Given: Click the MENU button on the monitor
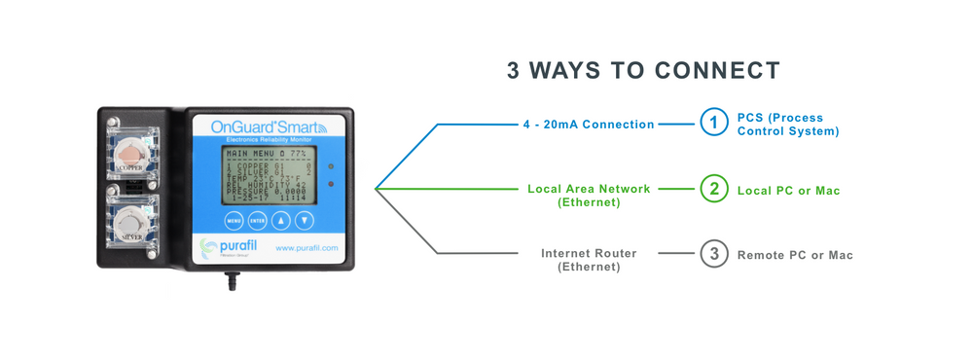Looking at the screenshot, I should (234, 220).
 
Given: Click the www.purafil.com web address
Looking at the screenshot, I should (307, 248).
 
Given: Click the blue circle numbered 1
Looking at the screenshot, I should (714, 124).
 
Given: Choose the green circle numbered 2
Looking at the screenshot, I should (714, 189).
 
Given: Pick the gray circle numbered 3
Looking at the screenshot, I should (714, 254).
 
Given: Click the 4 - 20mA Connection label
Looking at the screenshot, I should (589, 125).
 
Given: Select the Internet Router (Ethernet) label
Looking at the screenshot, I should (589, 260).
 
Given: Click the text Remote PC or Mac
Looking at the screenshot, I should (795, 255).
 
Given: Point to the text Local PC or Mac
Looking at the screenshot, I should (788, 191).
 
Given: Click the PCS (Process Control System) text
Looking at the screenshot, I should (787, 124).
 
